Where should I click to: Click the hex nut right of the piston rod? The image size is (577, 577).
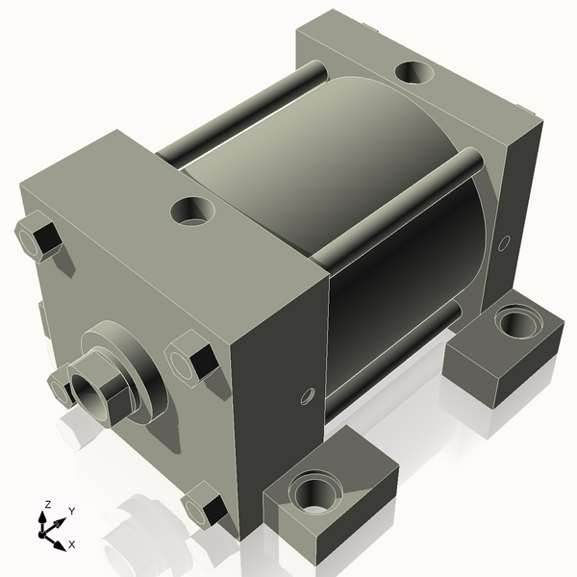(x=192, y=358)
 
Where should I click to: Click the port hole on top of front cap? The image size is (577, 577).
(x=193, y=210)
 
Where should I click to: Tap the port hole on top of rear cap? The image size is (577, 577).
(x=414, y=72)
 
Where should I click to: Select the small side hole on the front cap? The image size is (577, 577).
(x=308, y=394)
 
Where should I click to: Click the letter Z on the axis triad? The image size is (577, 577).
(x=47, y=504)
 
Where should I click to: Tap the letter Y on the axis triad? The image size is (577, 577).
(x=71, y=511)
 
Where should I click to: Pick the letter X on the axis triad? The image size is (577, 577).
(x=72, y=544)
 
